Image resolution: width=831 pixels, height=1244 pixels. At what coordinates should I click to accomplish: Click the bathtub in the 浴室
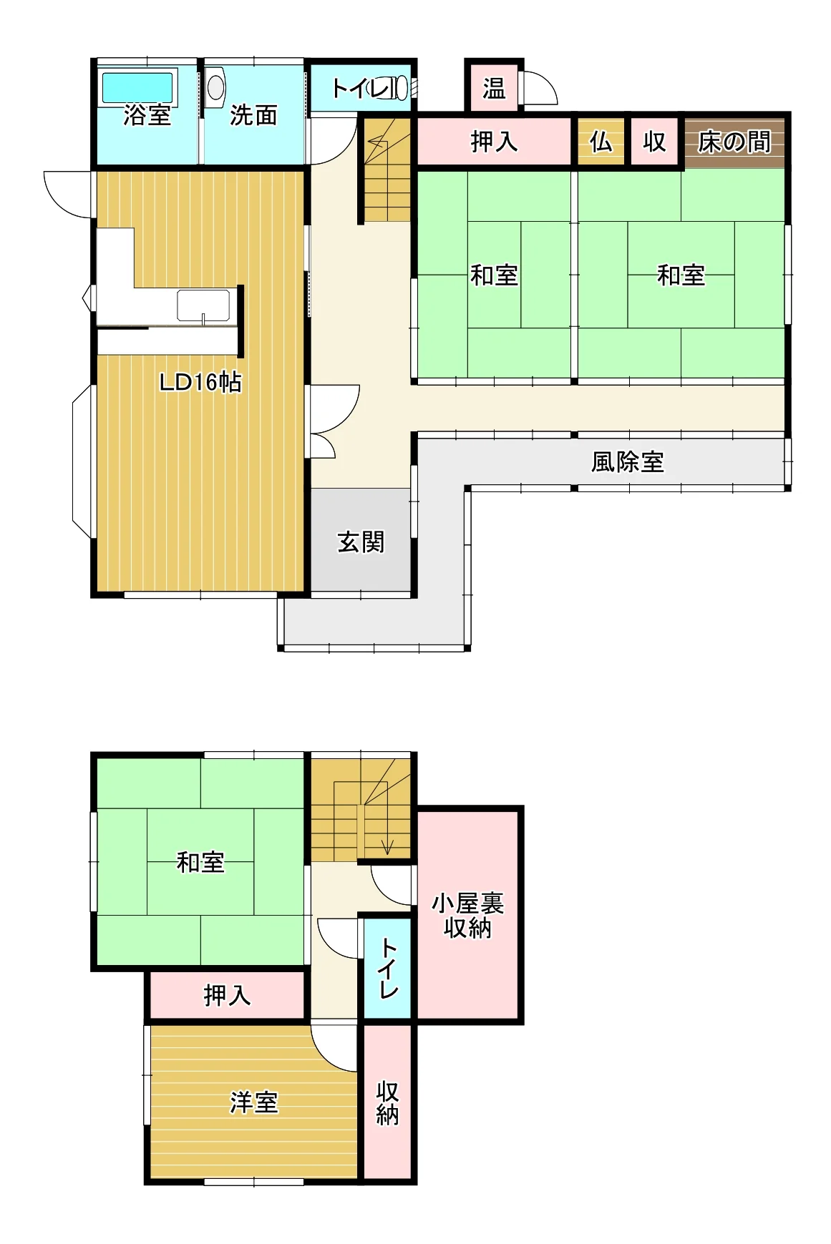pyautogui.click(x=137, y=88)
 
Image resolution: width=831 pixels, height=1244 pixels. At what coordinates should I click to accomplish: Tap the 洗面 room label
pyautogui.click(x=253, y=114)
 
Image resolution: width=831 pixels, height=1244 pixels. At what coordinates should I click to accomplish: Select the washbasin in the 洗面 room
pyautogui.click(x=215, y=87)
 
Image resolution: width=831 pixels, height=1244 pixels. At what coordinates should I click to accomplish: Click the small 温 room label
pyautogui.click(x=493, y=88)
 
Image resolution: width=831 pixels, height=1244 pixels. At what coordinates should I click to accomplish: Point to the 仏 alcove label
pyautogui.click(x=601, y=142)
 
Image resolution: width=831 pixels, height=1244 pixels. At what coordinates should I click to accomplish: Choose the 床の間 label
pyautogui.click(x=734, y=142)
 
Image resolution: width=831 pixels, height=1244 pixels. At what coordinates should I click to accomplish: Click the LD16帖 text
pyautogui.click(x=200, y=383)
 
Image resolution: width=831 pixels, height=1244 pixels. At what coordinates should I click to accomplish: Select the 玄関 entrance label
pyautogui.click(x=361, y=542)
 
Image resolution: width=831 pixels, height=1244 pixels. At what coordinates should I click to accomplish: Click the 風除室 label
pyautogui.click(x=628, y=461)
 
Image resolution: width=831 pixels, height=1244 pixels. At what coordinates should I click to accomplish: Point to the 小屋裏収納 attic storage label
pyautogui.click(x=467, y=916)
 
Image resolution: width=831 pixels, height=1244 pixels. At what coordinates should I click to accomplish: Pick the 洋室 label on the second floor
pyautogui.click(x=253, y=1102)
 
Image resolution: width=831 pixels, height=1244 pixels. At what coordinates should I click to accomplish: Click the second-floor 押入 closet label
pyautogui.click(x=227, y=995)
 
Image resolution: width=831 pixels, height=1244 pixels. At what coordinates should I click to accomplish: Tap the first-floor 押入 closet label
pyautogui.click(x=494, y=142)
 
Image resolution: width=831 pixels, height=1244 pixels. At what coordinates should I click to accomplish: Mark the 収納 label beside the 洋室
pyautogui.click(x=387, y=1103)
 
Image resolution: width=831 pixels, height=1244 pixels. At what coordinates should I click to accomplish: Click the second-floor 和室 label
pyautogui.click(x=200, y=862)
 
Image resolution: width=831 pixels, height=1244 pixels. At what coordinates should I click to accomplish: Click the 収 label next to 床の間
pyautogui.click(x=654, y=142)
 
